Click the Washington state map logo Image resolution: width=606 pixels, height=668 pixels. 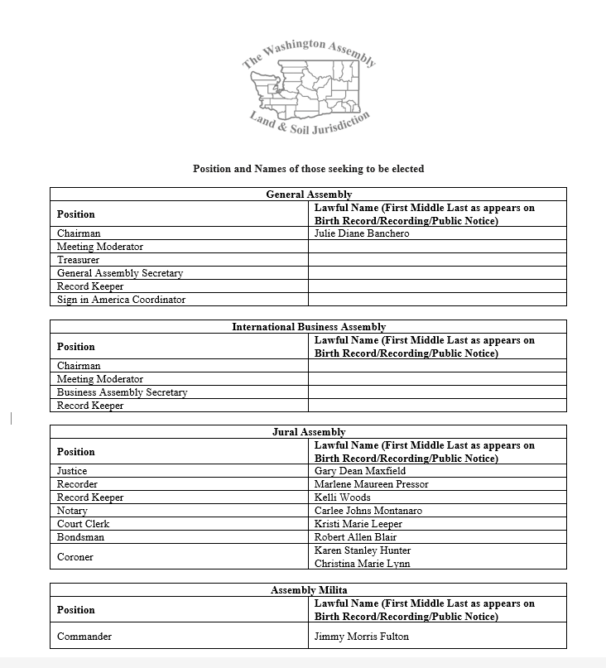pyautogui.click(x=309, y=92)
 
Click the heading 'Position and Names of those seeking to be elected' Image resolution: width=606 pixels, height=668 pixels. pyautogui.click(x=308, y=169)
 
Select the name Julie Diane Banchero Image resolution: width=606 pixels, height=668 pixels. pyautogui.click(x=361, y=233)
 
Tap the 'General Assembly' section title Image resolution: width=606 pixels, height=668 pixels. pyautogui.click(x=308, y=195)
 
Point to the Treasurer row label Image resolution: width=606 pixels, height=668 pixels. pyautogui.click(x=79, y=260)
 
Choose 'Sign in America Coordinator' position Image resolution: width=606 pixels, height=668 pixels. pyautogui.click(x=121, y=300)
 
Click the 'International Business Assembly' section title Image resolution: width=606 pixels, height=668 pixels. pyautogui.click(x=308, y=327)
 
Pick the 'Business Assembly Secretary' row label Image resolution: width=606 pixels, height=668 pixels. pyautogui.click(x=122, y=392)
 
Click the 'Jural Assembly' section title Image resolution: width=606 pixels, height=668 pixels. pyautogui.click(x=308, y=432)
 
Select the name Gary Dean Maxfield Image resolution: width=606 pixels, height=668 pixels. pyautogui.click(x=360, y=471)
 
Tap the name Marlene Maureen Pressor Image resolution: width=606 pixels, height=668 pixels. pyautogui.click(x=371, y=484)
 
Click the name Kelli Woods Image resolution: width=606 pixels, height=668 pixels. pyautogui.click(x=342, y=497)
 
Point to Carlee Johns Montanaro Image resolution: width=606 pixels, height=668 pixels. pyautogui.click(x=368, y=511)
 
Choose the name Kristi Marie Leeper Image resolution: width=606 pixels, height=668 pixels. pyautogui.click(x=358, y=524)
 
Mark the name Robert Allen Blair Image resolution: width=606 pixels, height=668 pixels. pyautogui.click(x=355, y=537)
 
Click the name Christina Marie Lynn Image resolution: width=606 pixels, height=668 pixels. pyautogui.click(x=362, y=564)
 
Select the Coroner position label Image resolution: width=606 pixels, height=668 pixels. pyautogui.click(x=75, y=557)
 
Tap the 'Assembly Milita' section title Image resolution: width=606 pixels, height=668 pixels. pyautogui.click(x=308, y=590)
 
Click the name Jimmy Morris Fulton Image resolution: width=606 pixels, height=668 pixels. pyautogui.click(x=361, y=637)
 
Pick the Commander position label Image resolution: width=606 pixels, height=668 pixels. pyautogui.click(x=84, y=637)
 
